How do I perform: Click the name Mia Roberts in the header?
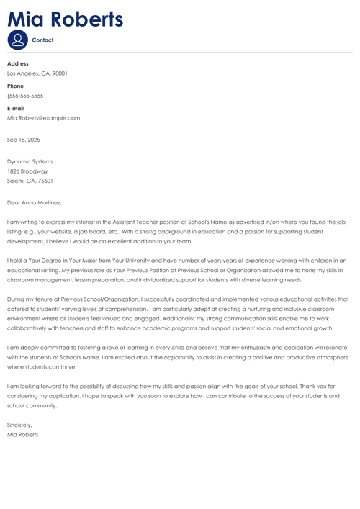point(65,19)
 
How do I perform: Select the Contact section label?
point(43,40)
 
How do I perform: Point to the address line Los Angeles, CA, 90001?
point(37,73)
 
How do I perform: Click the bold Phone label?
point(16,86)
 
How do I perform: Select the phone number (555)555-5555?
point(25,96)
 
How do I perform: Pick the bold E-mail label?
point(17,108)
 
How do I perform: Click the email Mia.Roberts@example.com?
point(43,118)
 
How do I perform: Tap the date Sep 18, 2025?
point(23,140)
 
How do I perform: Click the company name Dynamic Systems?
point(30,161)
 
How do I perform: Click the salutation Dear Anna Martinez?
point(34,203)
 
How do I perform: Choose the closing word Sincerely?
point(19,425)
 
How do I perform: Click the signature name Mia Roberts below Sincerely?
point(22,435)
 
